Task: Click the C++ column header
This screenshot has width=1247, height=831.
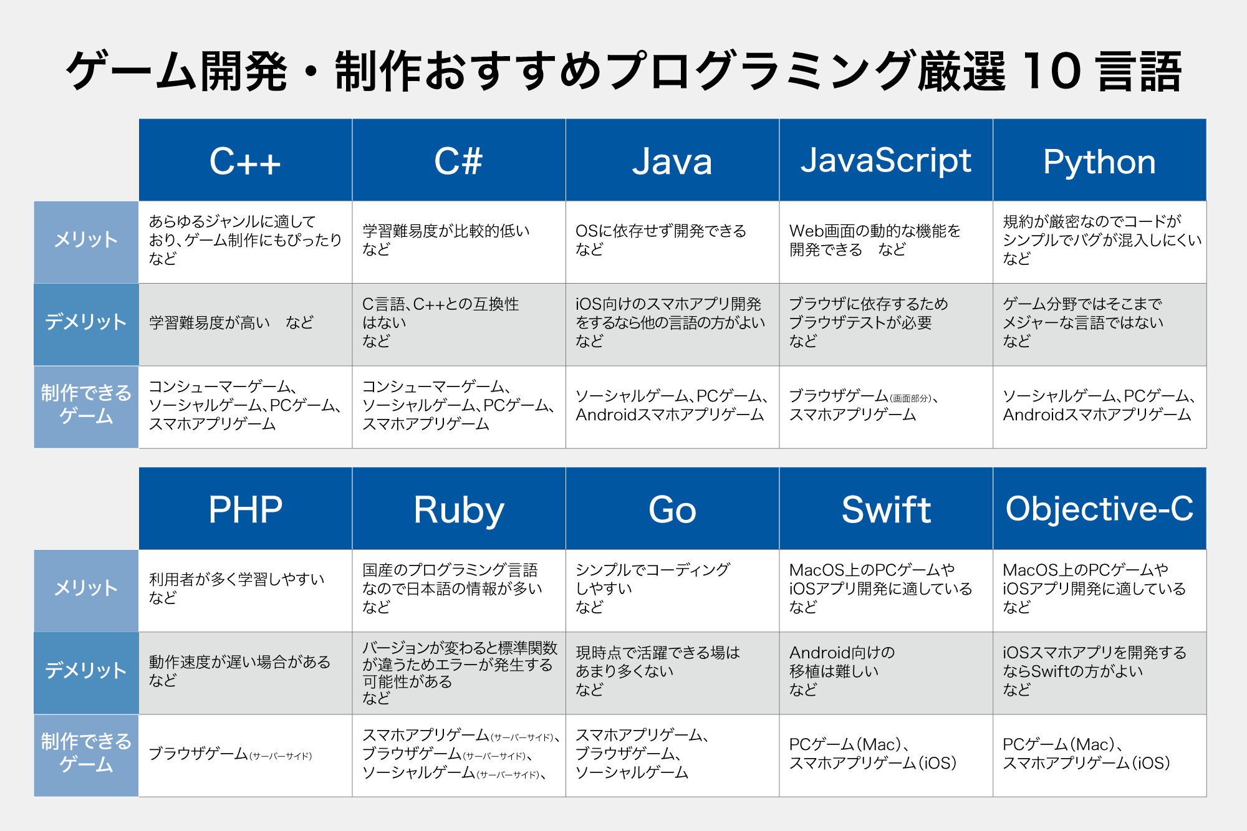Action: tap(246, 160)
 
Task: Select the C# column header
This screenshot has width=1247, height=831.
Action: tap(459, 160)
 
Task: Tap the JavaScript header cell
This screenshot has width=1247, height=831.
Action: tap(886, 160)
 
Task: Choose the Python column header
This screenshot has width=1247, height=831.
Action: tap(1100, 160)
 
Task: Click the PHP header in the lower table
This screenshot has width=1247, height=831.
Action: tap(246, 509)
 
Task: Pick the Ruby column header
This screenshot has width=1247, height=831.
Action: tap(459, 509)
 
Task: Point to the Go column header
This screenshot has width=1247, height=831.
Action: tap(673, 509)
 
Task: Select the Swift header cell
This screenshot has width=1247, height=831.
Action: tap(886, 509)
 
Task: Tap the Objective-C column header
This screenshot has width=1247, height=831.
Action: tap(1100, 509)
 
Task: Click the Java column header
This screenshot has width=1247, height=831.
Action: tap(673, 160)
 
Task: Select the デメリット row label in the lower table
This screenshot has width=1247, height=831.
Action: tap(86, 673)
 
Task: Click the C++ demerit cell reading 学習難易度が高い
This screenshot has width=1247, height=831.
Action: tap(246, 324)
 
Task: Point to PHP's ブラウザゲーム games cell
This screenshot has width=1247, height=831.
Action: tap(246, 755)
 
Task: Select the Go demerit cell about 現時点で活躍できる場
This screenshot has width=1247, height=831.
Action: tap(673, 673)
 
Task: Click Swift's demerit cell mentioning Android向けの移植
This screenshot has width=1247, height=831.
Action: tap(886, 673)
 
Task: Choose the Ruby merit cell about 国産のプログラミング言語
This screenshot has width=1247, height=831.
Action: tap(459, 590)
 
